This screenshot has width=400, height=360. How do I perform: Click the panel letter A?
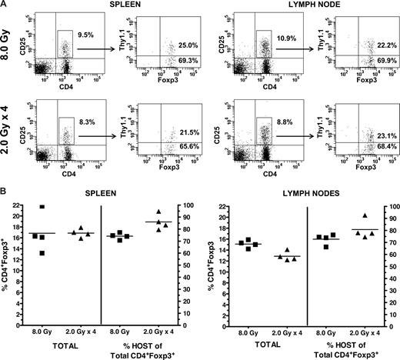[x=5, y=5]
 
